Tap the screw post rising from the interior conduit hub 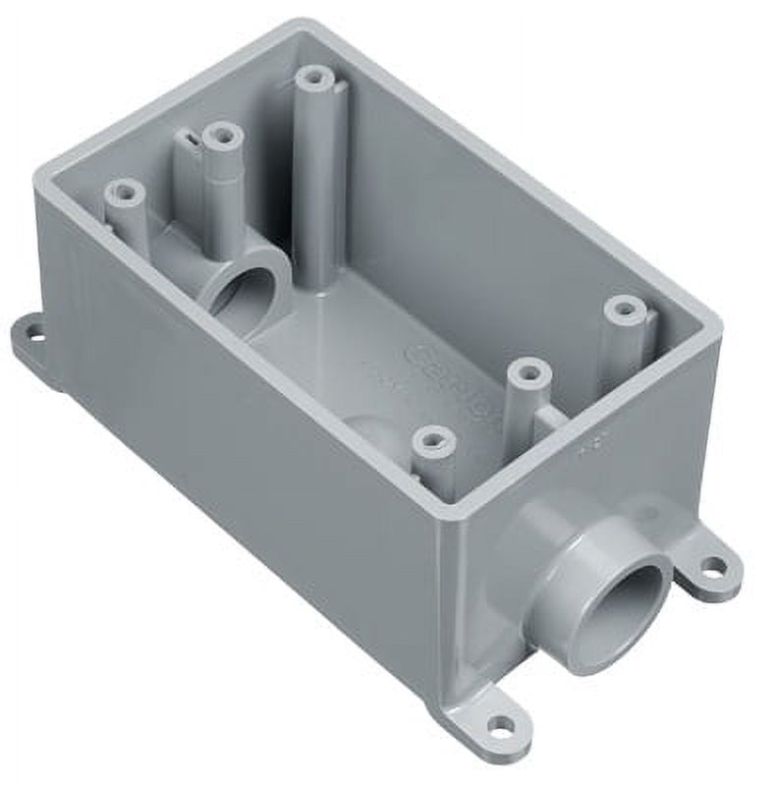tap(221, 137)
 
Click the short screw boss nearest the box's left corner tap(125, 193)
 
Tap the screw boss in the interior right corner tap(625, 310)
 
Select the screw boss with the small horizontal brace tap(528, 373)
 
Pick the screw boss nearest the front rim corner tap(433, 441)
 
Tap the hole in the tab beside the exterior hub tap(714, 566)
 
